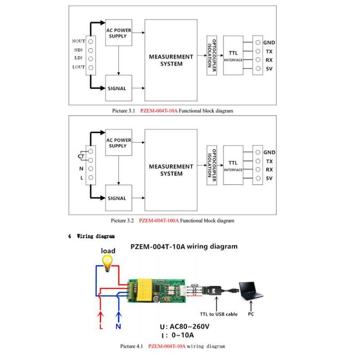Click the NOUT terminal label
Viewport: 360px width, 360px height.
[x=78, y=41]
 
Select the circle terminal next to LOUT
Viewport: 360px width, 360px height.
[x=90, y=67]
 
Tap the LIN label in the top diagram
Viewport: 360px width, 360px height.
[x=78, y=58]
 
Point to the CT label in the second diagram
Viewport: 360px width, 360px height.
[x=81, y=156]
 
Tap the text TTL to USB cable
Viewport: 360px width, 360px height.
[x=219, y=314]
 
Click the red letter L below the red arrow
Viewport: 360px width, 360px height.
[x=101, y=327]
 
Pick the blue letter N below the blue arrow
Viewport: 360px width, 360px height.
[x=118, y=327]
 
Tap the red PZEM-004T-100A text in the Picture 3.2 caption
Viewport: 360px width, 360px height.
[x=159, y=220]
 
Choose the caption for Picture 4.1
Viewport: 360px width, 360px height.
[x=172, y=346]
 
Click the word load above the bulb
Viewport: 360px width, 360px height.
[x=108, y=251]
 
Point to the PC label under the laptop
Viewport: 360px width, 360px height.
[x=250, y=314]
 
